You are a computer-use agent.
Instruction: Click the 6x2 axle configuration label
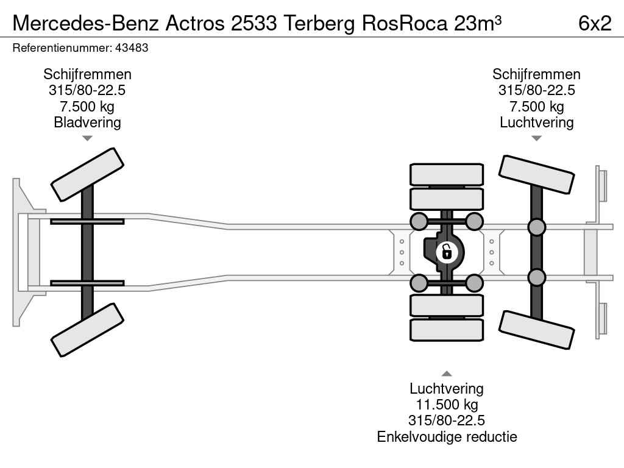click(x=595, y=23)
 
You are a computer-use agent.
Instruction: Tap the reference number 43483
click(x=132, y=48)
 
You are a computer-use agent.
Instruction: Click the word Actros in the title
click(x=195, y=23)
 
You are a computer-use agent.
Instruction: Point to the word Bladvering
click(x=87, y=122)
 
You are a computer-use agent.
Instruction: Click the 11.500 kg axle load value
click(x=447, y=405)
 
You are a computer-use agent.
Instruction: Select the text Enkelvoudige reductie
click(x=447, y=436)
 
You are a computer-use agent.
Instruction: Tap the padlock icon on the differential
click(x=447, y=252)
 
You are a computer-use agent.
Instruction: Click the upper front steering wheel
click(x=87, y=175)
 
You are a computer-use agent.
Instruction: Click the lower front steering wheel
click(x=87, y=330)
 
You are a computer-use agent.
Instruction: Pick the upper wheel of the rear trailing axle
click(x=536, y=174)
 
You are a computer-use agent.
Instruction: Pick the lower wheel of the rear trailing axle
click(x=536, y=330)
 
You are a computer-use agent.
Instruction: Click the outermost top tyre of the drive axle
click(x=447, y=174)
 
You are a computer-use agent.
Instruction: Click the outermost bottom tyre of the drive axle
click(x=447, y=330)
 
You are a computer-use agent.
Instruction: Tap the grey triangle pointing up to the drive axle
click(x=447, y=374)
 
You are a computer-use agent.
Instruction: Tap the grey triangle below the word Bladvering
click(x=87, y=138)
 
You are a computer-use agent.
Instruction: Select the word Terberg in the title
click(x=319, y=23)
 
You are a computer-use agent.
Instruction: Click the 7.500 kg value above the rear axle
click(x=536, y=106)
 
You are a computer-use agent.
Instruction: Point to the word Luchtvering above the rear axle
click(x=536, y=122)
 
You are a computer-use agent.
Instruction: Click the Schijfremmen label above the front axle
click(x=87, y=74)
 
